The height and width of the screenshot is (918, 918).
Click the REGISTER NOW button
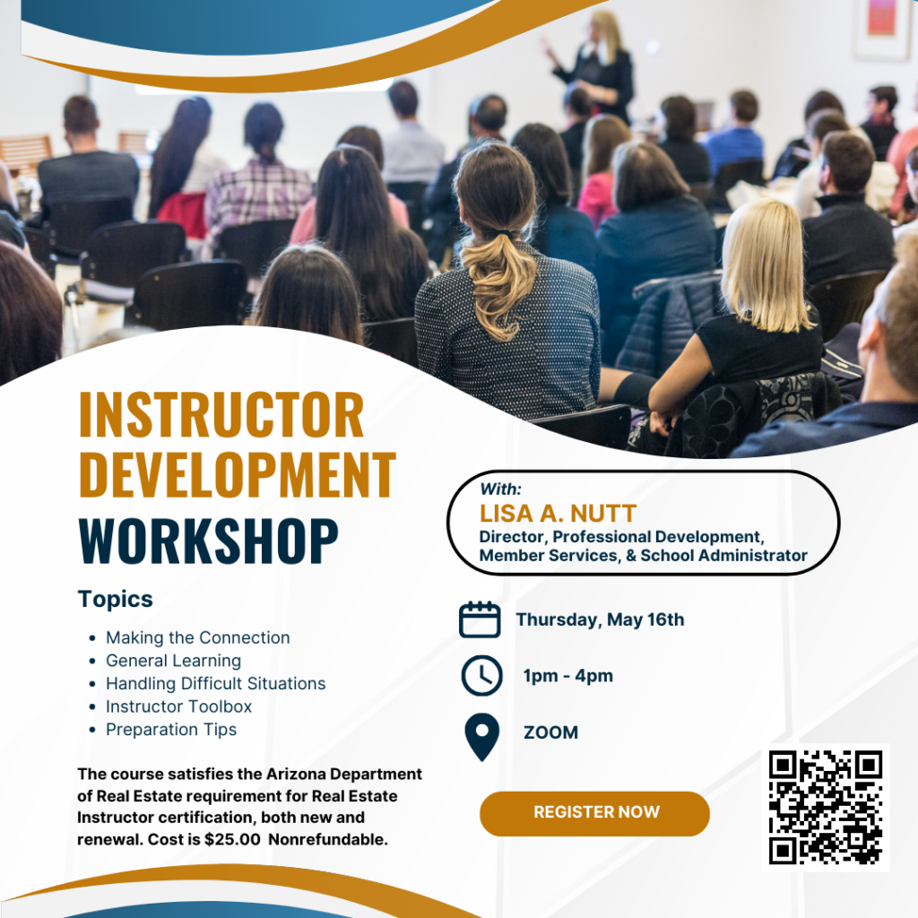coord(594,813)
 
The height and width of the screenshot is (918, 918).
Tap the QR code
coord(826,808)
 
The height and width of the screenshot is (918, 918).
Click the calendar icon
coord(480,619)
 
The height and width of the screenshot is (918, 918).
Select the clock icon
coord(481,676)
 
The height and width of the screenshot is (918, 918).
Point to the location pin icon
coord(481,737)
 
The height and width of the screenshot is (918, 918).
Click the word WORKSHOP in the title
coord(208,541)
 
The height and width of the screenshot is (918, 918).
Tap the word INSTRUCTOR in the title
coord(221,415)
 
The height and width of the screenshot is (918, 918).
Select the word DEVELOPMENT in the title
coord(237,474)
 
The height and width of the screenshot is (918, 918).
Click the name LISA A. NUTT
coord(558,514)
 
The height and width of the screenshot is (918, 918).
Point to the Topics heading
coord(116,600)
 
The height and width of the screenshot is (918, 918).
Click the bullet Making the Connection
coord(197,637)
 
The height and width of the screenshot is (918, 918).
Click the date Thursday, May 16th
coord(600,620)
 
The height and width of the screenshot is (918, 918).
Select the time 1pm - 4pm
coord(567,676)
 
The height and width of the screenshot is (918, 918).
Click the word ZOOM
coord(550,732)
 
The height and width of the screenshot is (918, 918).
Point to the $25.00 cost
coord(232,839)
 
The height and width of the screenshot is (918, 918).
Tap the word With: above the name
coord(500,489)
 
